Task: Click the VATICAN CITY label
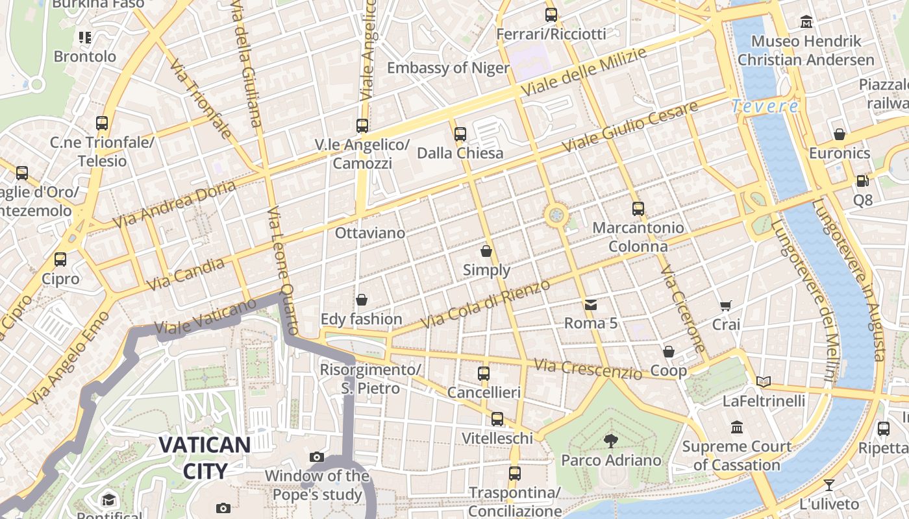tap(205, 458)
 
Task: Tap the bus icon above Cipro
tap(60, 259)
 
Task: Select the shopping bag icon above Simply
tap(486, 251)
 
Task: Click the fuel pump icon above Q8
tap(862, 181)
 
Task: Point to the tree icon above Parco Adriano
tap(610, 441)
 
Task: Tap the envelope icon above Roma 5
tap(590, 304)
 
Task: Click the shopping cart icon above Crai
tap(726, 306)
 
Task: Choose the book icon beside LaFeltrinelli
tap(764, 382)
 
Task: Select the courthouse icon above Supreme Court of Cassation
tap(737, 428)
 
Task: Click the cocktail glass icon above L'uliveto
tap(829, 485)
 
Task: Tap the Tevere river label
tap(764, 106)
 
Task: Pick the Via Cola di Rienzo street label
tap(485, 304)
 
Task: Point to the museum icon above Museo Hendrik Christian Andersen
tap(806, 22)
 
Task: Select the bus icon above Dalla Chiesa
tap(460, 134)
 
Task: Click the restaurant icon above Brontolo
tap(85, 38)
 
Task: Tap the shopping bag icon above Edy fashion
tap(362, 300)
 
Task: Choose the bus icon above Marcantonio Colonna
tap(638, 209)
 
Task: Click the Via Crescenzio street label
tap(587, 369)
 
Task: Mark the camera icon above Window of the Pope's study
tap(317, 457)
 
